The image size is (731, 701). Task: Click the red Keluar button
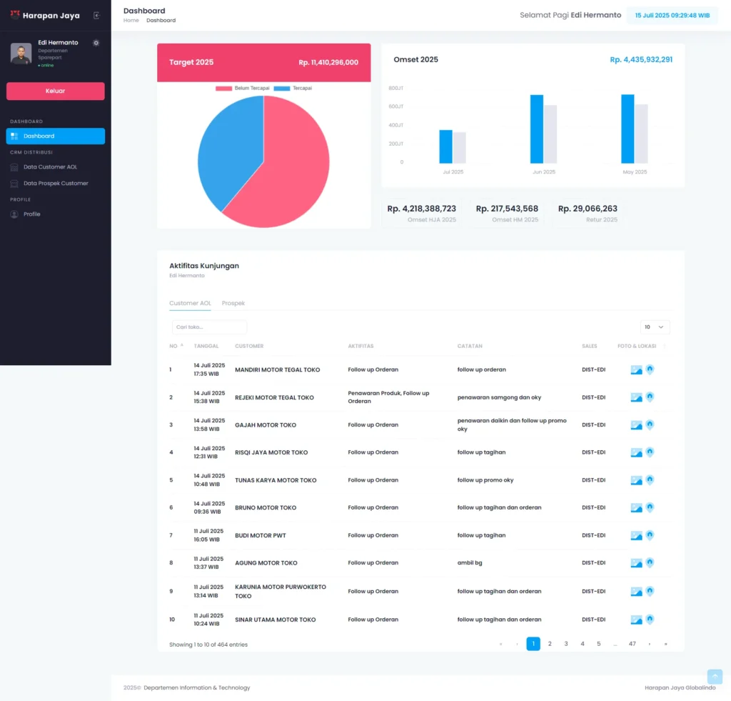tap(55, 91)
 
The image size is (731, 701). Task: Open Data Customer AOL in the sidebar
tap(50, 167)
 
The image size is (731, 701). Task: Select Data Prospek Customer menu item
tap(56, 184)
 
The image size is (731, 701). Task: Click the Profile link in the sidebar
tap(31, 214)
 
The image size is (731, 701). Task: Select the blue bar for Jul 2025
tap(446, 146)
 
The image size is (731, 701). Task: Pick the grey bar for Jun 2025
tap(550, 134)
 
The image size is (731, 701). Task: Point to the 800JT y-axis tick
tap(396, 88)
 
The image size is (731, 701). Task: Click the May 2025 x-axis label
tap(634, 172)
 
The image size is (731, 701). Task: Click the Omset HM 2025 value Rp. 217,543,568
tap(507, 209)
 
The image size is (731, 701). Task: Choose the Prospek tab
tap(233, 304)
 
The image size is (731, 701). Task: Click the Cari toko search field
tap(209, 327)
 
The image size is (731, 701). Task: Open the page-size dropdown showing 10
tap(655, 327)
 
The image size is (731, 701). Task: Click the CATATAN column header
tap(470, 347)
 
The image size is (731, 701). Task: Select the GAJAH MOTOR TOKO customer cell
tap(266, 425)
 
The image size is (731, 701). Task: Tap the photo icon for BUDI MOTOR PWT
tap(636, 536)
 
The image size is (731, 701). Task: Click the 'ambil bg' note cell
tap(470, 563)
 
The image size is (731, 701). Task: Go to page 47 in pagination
tap(632, 644)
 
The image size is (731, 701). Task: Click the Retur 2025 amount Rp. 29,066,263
tap(588, 209)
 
